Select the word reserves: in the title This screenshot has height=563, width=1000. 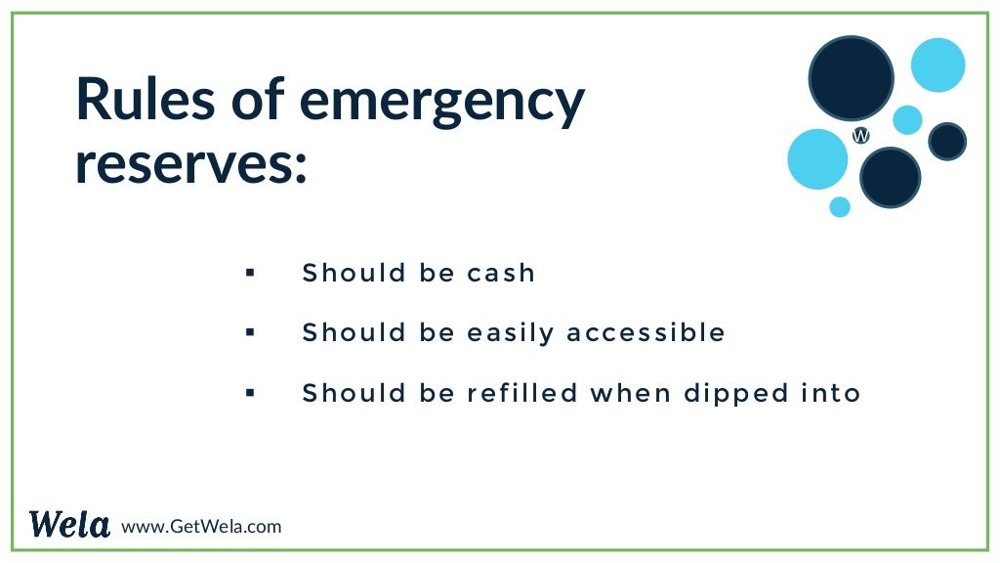[191, 163]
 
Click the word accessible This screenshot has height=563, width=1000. [646, 332]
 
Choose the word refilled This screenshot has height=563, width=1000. [522, 393]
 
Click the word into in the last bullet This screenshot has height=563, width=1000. [830, 393]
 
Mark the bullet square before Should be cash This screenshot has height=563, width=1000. [250, 273]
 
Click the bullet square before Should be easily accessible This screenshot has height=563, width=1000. [250, 332]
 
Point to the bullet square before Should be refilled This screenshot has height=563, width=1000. [250, 393]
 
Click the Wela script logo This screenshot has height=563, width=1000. [69, 525]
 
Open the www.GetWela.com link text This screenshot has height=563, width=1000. [201, 527]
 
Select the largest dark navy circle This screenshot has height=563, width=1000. [851, 77]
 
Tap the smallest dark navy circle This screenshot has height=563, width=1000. [946, 142]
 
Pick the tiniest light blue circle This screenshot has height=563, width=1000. [840, 206]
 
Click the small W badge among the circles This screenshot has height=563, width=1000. [860, 136]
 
